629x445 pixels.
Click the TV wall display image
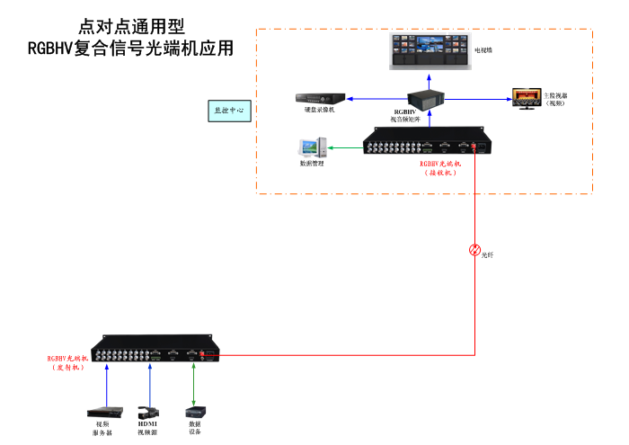427,52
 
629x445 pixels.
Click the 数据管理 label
312,164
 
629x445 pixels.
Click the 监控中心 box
228,111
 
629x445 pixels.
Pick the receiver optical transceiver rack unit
426,144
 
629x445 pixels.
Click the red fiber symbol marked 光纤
475,250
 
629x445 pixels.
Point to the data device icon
194,411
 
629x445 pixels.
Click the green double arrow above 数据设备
193,385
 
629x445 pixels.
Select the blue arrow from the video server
107,382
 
